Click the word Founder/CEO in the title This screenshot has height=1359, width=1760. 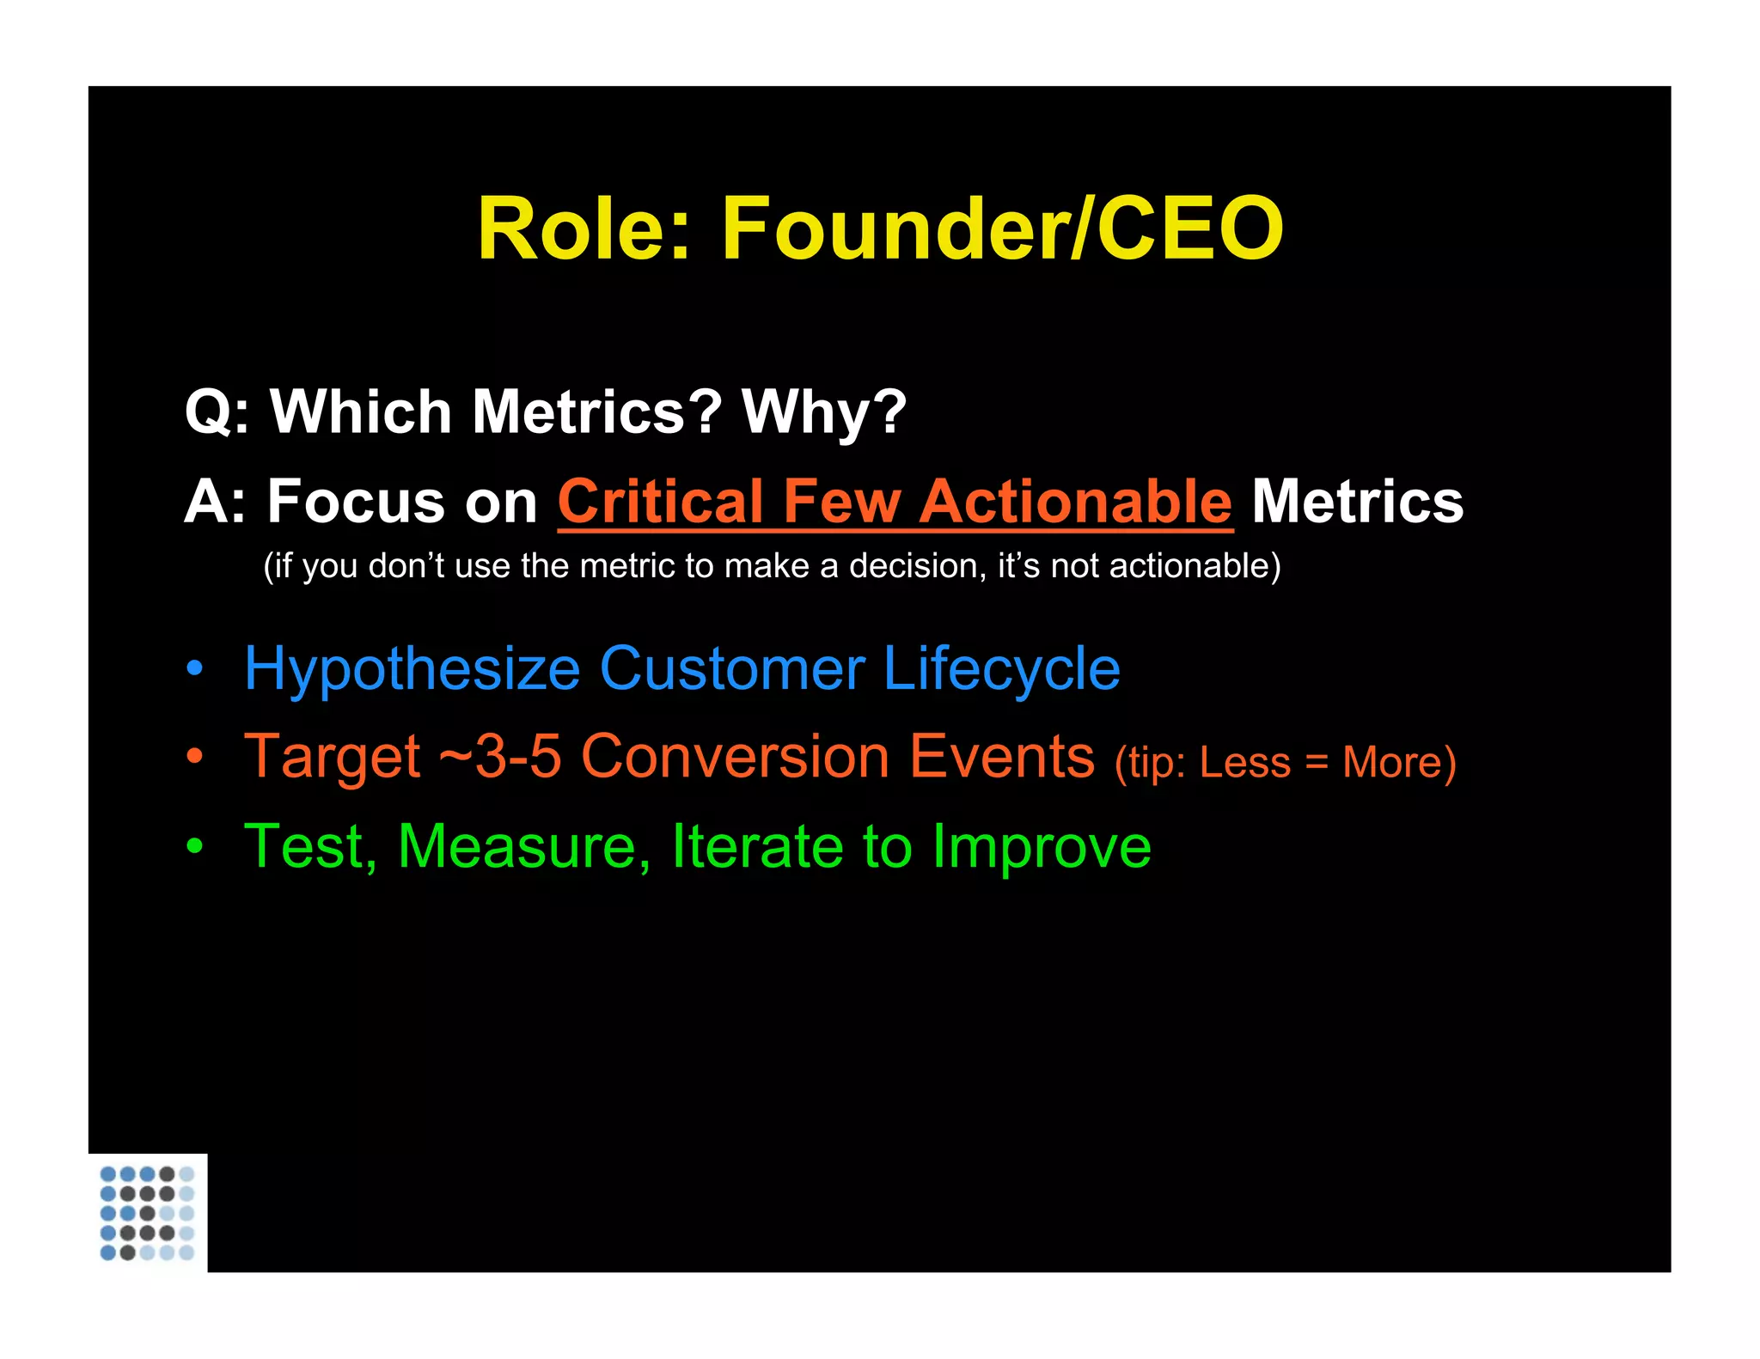[1002, 229]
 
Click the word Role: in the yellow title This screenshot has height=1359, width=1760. [584, 229]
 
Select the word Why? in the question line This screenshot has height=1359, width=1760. [824, 413]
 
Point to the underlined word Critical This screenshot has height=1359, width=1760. [660, 502]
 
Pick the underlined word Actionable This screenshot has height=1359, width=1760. [1076, 502]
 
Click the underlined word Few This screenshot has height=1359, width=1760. [841, 502]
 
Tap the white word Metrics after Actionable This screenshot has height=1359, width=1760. [1358, 502]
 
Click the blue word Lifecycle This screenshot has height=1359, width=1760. [1001, 669]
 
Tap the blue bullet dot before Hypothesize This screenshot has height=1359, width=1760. [195, 669]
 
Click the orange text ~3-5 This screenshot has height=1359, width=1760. [500, 758]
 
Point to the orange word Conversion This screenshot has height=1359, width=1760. [735, 758]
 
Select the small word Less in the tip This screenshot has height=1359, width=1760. [1244, 763]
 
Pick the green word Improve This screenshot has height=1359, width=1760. [1042, 849]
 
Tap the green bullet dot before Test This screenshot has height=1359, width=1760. [195, 846]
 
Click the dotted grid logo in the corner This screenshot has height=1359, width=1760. [148, 1213]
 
